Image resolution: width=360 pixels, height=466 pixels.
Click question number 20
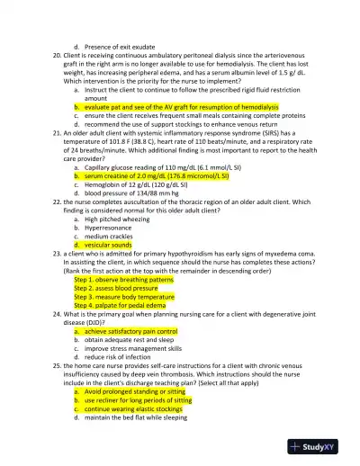pos(58,55)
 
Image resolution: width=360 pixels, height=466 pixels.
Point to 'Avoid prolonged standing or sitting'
pos(139,392)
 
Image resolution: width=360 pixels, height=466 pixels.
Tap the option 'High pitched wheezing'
pos(118,219)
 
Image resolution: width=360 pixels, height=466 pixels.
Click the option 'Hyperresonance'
pos(111,228)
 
